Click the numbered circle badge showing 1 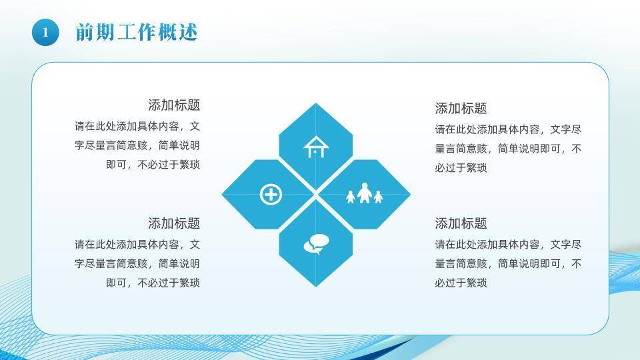point(45,32)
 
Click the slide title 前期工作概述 point(136,32)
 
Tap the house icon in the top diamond point(315,147)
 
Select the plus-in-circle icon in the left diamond point(271,195)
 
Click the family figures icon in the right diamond point(364,194)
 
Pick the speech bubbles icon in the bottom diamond point(315,245)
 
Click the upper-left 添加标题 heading point(173,105)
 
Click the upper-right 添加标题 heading point(461,109)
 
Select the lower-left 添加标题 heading point(173,223)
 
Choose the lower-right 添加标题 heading point(461,223)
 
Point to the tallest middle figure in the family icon point(364,193)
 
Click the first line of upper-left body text point(137,126)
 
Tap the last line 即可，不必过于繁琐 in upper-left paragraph point(153,165)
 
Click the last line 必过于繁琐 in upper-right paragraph point(461,168)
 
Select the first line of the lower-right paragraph point(508,245)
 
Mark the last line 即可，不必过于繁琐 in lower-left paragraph point(153,283)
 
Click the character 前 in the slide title point(84,32)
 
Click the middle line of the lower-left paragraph point(137,263)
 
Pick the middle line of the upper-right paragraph point(508,149)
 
